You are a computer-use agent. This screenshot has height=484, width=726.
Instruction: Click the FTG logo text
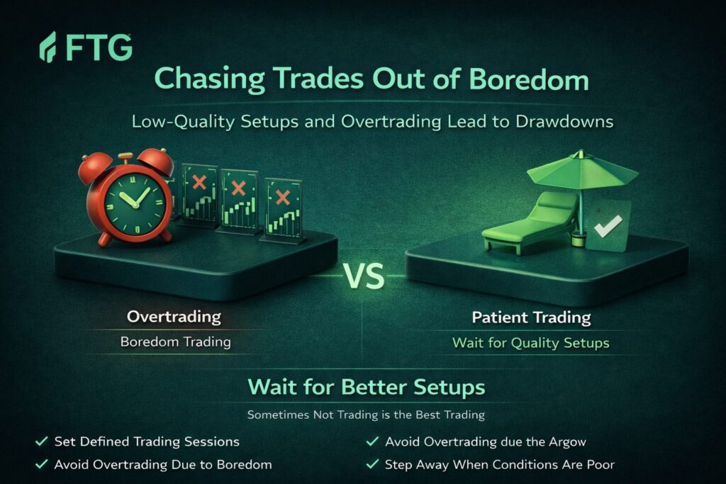[99, 47]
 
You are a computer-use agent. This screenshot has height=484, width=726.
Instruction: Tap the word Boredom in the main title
[529, 79]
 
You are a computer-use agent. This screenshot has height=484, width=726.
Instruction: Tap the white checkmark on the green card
[608, 226]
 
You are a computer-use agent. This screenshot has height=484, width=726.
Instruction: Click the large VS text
[364, 276]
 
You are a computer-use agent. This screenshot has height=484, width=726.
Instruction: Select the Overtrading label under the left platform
[174, 317]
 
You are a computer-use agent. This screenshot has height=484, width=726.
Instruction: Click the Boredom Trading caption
[176, 342]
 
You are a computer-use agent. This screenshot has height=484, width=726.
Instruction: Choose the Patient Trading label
[531, 317]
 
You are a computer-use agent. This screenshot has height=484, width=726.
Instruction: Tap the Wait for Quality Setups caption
[530, 343]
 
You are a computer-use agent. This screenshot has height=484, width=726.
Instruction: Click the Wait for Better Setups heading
[367, 387]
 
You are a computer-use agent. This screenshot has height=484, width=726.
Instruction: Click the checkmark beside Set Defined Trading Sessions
[42, 441]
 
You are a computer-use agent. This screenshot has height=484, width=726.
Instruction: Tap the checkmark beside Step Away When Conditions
[372, 464]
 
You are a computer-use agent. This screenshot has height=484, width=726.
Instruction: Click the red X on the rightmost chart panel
[282, 198]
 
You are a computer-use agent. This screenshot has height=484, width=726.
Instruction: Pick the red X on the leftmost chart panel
[199, 182]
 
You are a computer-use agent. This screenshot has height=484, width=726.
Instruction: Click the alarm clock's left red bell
[95, 167]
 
